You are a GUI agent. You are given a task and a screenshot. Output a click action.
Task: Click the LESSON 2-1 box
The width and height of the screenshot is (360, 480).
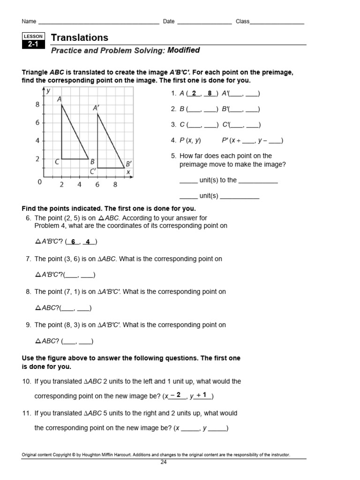pyautogui.click(x=33, y=41)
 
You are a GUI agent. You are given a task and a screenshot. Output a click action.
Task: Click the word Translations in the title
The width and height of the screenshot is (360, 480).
pyautogui.click(x=79, y=37)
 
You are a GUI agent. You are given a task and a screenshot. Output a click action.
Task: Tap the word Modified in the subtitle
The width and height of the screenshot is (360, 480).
pyautogui.click(x=184, y=50)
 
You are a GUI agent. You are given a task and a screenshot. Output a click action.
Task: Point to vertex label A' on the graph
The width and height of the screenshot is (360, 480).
pyautogui.click(x=96, y=108)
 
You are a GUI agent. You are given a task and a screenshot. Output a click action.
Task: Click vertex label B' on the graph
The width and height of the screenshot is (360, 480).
pyautogui.click(x=128, y=164)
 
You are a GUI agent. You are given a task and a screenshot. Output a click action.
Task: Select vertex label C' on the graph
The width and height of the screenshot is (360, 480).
pyautogui.click(x=93, y=172)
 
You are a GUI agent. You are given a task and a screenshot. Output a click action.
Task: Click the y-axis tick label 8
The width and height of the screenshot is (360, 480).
pyautogui.click(x=37, y=105)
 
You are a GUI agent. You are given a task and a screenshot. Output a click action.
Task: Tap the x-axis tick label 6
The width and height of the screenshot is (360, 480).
pyautogui.click(x=97, y=185)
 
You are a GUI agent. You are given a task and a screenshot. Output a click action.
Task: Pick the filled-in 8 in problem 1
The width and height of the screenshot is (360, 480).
pyautogui.click(x=210, y=93)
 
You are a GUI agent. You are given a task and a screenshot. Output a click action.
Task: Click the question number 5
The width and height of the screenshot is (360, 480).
pyautogui.click(x=173, y=156)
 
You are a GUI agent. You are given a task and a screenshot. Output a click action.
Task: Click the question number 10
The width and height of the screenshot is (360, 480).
pyautogui.click(x=26, y=382)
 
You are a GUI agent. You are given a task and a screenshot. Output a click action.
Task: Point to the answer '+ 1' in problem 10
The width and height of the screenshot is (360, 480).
pyautogui.click(x=202, y=395)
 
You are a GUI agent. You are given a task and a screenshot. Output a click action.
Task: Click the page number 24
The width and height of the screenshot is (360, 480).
pyautogui.click(x=164, y=462)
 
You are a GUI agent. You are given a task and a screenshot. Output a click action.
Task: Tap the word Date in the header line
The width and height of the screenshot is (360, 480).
pyautogui.click(x=169, y=22)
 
